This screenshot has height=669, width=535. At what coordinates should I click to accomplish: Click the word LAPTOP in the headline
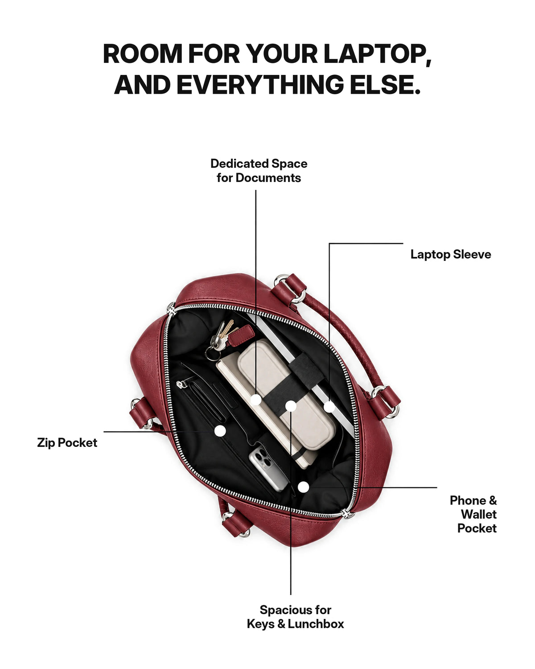coord(377,54)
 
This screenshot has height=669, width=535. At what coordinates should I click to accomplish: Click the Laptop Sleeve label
coord(450,254)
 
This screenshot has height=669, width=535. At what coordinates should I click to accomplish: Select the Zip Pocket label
coord(67,443)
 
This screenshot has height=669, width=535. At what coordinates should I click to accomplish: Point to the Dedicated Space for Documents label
coord(259,171)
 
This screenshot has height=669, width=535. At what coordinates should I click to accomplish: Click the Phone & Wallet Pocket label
coord(473,514)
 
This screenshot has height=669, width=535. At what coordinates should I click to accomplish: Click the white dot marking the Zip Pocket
coord(220,431)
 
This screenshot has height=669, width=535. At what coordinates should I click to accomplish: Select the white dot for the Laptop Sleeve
coord(329,406)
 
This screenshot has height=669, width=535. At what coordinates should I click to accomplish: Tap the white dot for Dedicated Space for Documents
coord(256,400)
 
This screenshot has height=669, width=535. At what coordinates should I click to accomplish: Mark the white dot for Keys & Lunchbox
coord(291,406)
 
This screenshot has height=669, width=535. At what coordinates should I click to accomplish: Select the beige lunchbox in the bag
coord(286,394)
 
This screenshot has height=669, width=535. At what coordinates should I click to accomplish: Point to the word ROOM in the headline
coord(143,54)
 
